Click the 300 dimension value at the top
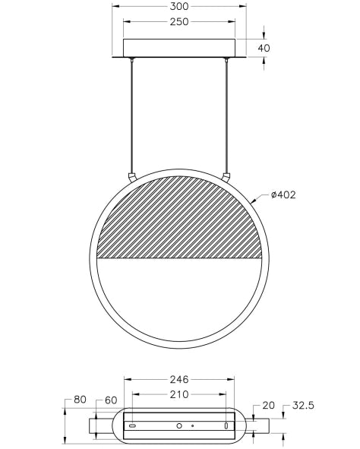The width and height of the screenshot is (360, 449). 179,6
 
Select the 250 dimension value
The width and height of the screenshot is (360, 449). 179,22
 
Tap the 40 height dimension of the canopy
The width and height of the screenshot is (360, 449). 264,48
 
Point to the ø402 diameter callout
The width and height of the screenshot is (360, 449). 283,195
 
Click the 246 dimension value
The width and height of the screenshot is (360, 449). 179,380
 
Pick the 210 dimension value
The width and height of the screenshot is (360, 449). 179,394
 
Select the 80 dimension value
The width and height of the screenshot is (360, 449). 80,400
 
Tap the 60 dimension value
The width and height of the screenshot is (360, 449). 111,400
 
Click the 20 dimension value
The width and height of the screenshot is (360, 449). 268,406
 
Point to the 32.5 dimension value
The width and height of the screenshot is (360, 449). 303,406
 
